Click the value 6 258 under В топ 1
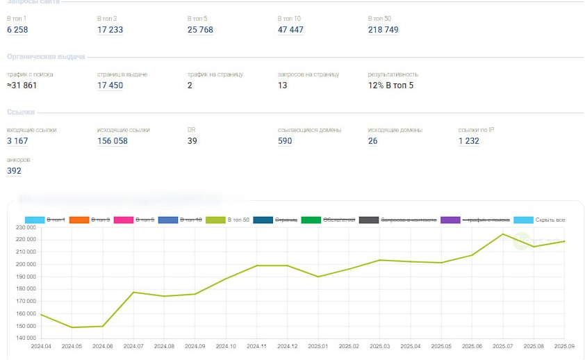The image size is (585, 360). tap(17, 30)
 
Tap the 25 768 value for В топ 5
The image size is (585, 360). tap(200, 30)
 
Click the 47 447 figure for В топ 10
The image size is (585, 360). tap(290, 30)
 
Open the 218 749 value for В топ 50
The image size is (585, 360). tap(384, 30)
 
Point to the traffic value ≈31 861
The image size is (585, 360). tap(22, 85)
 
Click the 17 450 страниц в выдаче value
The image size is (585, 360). tap(110, 85)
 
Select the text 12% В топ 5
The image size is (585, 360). tap(390, 85)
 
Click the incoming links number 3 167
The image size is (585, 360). tap(17, 141)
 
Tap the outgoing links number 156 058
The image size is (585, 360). tap(113, 141)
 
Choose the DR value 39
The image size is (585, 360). tap(192, 141)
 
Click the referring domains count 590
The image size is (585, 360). tap(285, 141)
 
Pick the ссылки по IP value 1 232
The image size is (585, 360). tap(469, 141)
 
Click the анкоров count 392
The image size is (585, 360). tap(14, 171)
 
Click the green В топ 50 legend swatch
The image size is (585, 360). tap(216, 220)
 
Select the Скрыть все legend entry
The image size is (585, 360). tap(523, 220)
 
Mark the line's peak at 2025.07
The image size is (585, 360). tap(502, 234)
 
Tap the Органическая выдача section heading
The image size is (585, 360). tap(46, 56)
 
